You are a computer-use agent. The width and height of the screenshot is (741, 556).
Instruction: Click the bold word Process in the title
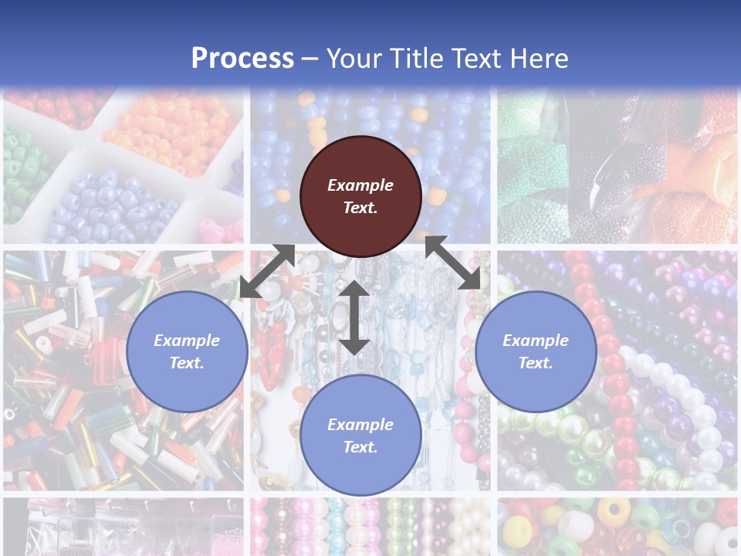[x=242, y=59]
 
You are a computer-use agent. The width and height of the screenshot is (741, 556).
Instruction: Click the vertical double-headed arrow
[x=354, y=317]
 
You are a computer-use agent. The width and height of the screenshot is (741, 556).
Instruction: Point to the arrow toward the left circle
[x=267, y=271]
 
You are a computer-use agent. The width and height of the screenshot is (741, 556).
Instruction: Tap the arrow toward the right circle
[x=453, y=263]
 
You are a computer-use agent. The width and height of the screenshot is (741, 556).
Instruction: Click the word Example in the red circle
[x=360, y=185]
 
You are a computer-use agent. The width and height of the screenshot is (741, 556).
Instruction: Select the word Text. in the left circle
[x=187, y=363]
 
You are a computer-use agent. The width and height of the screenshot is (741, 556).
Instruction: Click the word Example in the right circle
[x=536, y=341]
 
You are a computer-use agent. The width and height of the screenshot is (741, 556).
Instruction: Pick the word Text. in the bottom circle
[x=360, y=447]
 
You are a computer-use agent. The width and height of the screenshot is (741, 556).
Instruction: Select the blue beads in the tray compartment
[x=108, y=208]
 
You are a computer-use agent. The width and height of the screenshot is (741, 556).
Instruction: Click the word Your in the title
[x=352, y=59]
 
